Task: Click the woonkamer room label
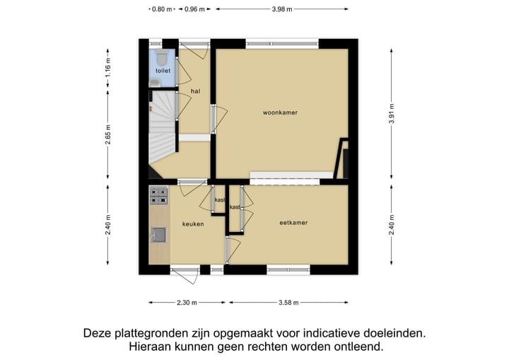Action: pos(279,112)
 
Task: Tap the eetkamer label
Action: pos(293,223)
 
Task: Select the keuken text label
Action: pos(193,224)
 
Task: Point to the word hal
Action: pos(195,91)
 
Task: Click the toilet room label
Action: pos(163,71)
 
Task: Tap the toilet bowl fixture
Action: pos(161,56)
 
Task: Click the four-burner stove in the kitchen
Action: pos(159,196)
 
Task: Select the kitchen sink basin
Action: pos(159,235)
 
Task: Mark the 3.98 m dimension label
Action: pos(281,9)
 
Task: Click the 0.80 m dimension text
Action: pos(162,9)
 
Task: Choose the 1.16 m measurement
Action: pos(108,69)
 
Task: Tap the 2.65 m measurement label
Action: pos(108,134)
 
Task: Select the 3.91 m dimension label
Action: pos(391,113)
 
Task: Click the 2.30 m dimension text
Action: pos(187,303)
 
